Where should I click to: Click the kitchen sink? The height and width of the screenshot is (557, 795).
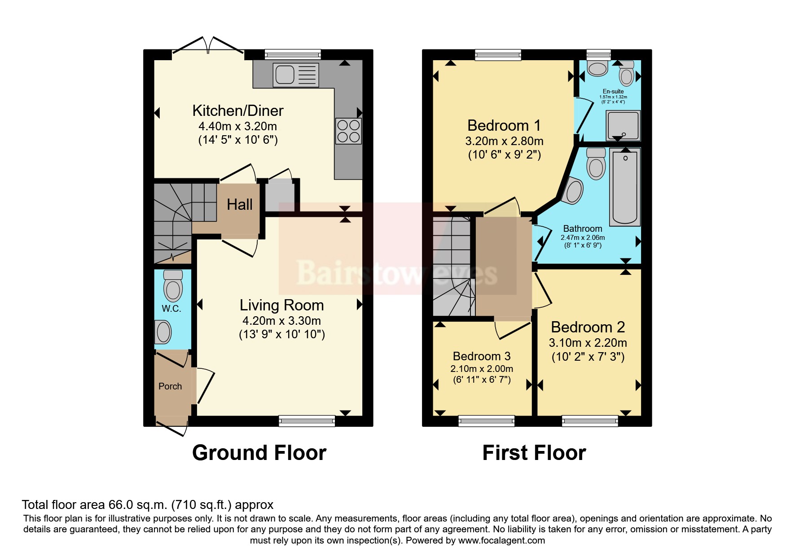coord(296,75)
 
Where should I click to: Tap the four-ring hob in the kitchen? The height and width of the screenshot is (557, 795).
coord(348,131)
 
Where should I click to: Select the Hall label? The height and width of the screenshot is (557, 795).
coord(240,205)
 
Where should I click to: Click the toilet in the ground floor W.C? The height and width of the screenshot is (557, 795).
coord(173,285)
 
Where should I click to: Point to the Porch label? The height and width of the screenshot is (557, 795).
coord(170,386)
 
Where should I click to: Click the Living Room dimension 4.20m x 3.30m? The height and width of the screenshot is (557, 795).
coord(281,321)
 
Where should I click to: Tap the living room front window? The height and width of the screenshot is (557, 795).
coord(307,421)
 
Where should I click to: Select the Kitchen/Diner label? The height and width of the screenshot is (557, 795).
coord(238,111)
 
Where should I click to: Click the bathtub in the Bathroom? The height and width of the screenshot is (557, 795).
coord(625,187)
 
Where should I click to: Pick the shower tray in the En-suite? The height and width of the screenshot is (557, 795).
coord(623,125)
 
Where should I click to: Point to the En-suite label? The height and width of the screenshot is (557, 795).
coord(613,91)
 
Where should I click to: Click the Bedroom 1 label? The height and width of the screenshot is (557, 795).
coord(504,125)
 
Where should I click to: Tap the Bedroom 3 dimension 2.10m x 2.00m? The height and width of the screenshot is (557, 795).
coord(482,369)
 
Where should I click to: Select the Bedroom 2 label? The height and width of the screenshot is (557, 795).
coord(588,327)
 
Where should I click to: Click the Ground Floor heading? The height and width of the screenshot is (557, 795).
coord(259,453)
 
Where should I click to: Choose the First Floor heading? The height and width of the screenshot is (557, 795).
coord(534,453)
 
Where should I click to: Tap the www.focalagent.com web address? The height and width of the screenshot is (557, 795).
coord(501,540)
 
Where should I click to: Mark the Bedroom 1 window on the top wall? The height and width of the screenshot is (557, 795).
coord(498,55)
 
